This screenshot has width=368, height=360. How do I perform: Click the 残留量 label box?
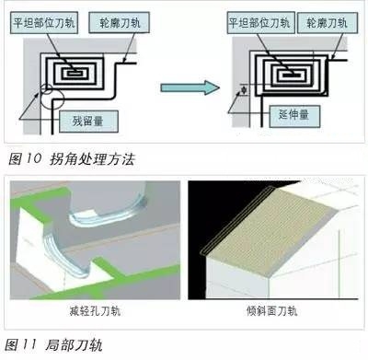pyautogui.click(x=88, y=122)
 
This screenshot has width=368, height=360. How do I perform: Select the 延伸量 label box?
pyautogui.click(x=294, y=116)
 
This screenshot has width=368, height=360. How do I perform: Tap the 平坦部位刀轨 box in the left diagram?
pyautogui.click(x=44, y=23)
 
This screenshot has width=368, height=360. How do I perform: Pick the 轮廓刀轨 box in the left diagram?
pyautogui.click(x=120, y=23)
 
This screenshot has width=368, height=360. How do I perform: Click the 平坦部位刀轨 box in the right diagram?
pyautogui.click(x=260, y=23)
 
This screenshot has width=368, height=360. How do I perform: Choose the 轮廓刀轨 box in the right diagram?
pyautogui.click(x=328, y=23)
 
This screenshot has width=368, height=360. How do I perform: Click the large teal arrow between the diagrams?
pyautogui.click(x=190, y=87)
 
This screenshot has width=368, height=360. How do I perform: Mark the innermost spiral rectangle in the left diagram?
pyautogui.click(x=74, y=74)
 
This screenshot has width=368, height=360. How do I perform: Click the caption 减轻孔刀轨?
pyautogui.click(x=95, y=311)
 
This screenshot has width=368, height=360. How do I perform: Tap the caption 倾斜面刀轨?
pyautogui.click(x=272, y=311)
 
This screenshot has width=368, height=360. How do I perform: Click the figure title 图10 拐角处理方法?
pyautogui.click(x=72, y=159)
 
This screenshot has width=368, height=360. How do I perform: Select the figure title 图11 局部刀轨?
pyautogui.click(x=53, y=345)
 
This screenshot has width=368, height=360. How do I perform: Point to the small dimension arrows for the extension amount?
pyautogui.click(x=244, y=89)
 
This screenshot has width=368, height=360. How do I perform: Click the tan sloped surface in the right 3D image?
pyautogui.click(x=270, y=230)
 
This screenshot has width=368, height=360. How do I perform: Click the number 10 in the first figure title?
pyautogui.click(x=32, y=158)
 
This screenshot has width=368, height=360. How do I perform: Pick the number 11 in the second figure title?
pyautogui.click(x=29, y=344)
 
